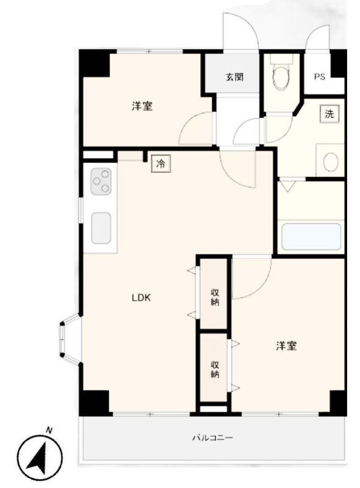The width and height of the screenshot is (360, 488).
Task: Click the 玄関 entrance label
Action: pyautogui.click(x=235, y=76)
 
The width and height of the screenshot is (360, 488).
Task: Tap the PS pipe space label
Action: pyautogui.click(x=319, y=76)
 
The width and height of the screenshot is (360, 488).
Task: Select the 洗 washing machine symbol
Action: pyautogui.click(x=329, y=114)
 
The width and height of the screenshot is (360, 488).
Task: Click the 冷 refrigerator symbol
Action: pyautogui.click(x=161, y=164)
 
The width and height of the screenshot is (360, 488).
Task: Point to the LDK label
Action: pyautogui.click(x=141, y=298)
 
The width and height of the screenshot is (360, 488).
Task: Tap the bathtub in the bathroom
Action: pyautogui.click(x=311, y=237)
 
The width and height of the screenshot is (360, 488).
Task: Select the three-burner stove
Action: pyautogui.click(x=101, y=181)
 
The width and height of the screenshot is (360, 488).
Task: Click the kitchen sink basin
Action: pyautogui.click(x=101, y=228)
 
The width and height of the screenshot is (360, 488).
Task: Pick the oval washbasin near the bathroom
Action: pyautogui.click(x=331, y=162)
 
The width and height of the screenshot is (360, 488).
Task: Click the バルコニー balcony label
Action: pyautogui.click(x=213, y=438)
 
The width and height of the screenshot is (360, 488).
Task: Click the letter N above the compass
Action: pyautogui.click(x=49, y=430)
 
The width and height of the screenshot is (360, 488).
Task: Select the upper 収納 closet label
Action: pyautogui.click(x=215, y=297)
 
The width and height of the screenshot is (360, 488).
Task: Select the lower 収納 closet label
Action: pyautogui.click(x=215, y=369)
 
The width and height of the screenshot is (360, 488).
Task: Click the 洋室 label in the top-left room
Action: pyautogui.click(x=142, y=106)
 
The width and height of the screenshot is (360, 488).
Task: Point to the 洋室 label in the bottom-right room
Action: pyautogui.click(x=286, y=346)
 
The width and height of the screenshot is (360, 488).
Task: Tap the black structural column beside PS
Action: pyautogui.click(x=338, y=64)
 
